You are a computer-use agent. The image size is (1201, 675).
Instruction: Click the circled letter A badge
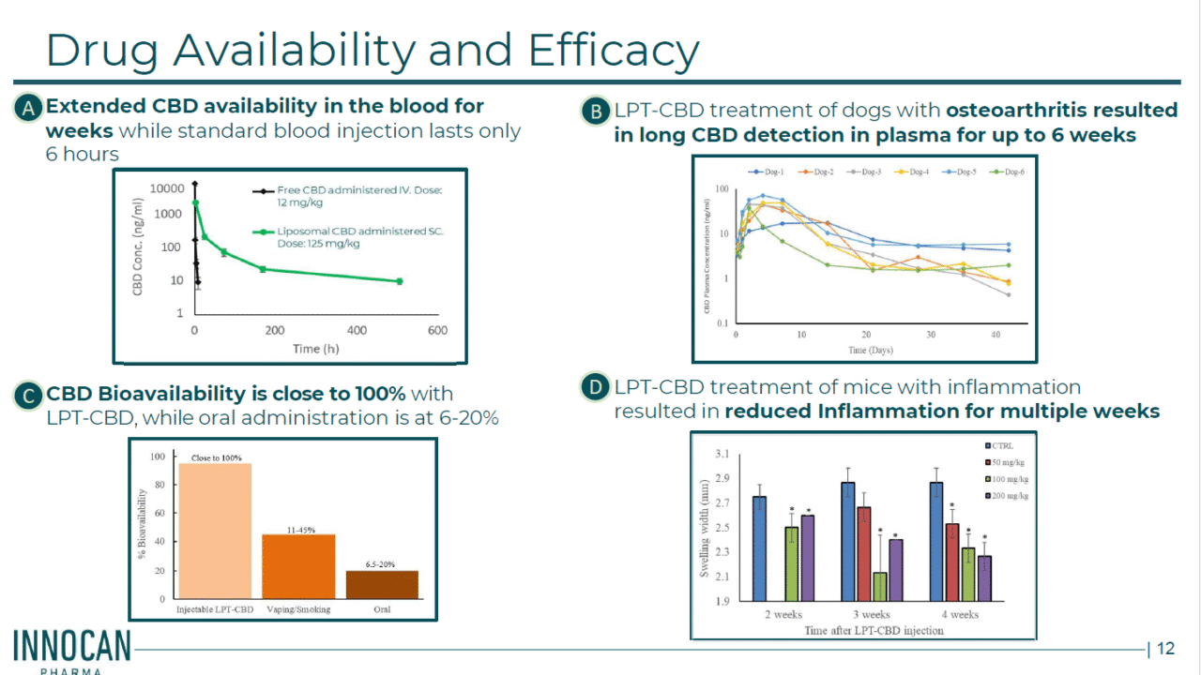click(30, 109)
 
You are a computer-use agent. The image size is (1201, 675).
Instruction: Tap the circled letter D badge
click(594, 387)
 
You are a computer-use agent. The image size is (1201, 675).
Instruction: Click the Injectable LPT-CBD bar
click(216, 531)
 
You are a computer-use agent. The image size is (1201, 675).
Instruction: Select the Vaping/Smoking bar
click(298, 566)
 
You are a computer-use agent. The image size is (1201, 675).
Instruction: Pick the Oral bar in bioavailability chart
click(381, 584)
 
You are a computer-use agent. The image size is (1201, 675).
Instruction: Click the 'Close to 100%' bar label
click(216, 457)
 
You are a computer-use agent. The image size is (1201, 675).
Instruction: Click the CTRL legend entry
click(1003, 446)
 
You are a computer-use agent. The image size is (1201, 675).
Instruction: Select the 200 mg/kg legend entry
click(1010, 495)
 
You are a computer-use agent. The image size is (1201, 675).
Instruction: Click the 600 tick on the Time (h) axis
click(437, 330)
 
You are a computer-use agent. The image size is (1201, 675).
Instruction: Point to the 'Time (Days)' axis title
click(870, 350)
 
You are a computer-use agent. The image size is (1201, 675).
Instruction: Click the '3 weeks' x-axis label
click(871, 615)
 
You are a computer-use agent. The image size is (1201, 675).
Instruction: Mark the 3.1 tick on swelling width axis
click(722, 455)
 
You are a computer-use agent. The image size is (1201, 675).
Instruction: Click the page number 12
click(1165, 649)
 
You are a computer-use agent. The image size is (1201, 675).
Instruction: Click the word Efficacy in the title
click(614, 51)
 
